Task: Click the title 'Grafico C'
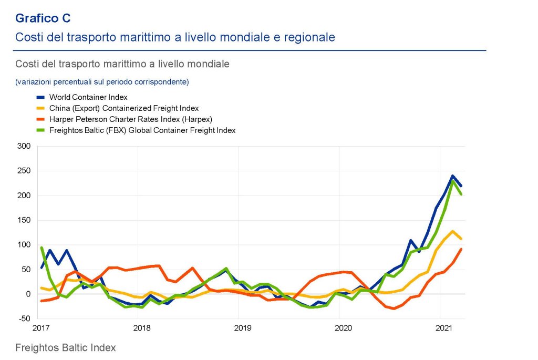coord(43,18)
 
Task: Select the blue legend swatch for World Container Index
coord(40,97)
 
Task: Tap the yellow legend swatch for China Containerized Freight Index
coord(40,108)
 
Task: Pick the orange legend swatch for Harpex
coord(40,119)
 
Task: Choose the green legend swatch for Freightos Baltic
coord(40,130)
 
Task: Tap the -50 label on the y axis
coord(23,318)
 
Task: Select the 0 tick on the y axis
coord(28,294)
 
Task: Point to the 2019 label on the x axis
coord(242,329)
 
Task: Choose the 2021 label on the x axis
coord(444,329)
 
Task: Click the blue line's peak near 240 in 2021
coord(452,176)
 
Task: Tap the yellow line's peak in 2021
coord(452,231)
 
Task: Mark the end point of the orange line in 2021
coord(461,249)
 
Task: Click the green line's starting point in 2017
coord(41,248)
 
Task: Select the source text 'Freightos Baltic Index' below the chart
coord(65,348)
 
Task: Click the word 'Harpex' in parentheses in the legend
coord(201,119)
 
